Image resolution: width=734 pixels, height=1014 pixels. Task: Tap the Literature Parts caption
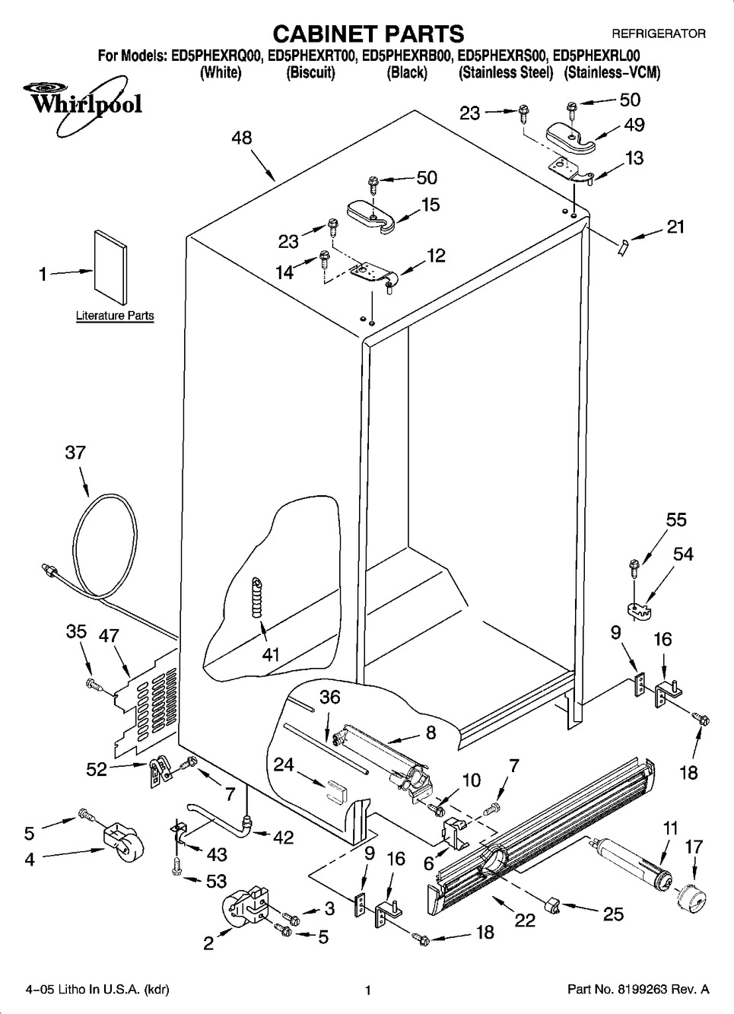point(115,316)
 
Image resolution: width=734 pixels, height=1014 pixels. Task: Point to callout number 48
point(242,138)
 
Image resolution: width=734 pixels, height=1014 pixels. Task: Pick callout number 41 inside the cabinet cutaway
point(271,654)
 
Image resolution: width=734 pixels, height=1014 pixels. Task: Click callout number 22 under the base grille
point(525,920)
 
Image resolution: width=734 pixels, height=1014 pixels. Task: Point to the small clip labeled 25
point(553,904)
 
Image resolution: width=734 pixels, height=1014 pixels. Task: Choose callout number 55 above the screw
point(675,520)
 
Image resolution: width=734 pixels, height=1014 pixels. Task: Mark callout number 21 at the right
point(675,226)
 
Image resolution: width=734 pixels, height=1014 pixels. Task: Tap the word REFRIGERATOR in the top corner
point(659,33)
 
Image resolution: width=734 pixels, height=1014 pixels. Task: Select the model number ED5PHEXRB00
point(408,55)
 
